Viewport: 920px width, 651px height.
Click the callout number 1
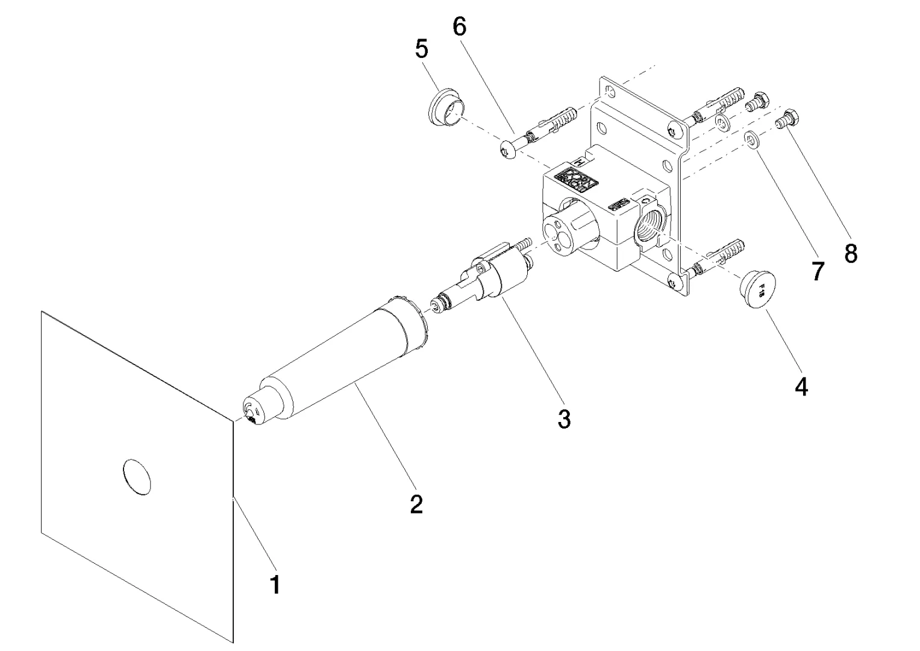tap(275, 584)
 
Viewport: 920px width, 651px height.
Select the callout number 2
tap(416, 504)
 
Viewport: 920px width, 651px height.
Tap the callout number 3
tap(564, 419)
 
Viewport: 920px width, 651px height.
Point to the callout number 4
tap(801, 386)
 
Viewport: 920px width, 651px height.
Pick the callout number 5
tap(422, 49)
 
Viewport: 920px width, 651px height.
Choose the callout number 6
tap(460, 27)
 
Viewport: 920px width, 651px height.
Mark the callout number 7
tap(817, 271)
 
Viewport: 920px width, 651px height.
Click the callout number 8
tap(851, 254)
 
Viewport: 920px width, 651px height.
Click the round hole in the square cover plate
tap(137, 477)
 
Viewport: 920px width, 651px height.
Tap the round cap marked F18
tap(757, 289)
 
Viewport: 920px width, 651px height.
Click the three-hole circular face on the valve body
tap(557, 233)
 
